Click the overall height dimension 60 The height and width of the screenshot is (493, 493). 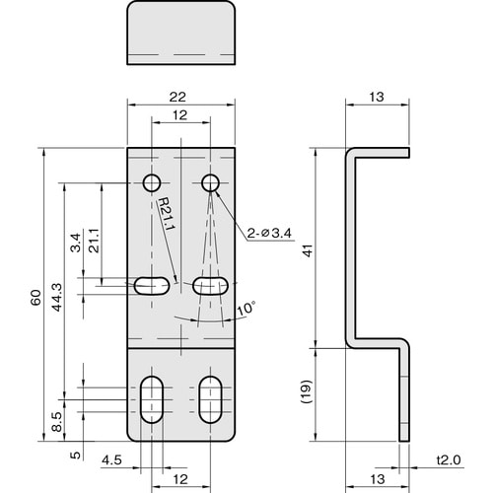(35, 298)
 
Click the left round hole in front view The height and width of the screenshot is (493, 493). (153, 182)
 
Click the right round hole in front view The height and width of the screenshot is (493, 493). (210, 182)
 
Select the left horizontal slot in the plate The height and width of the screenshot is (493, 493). (150, 286)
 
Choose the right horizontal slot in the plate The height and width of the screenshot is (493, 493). (210, 286)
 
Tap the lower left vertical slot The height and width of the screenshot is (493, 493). (153, 399)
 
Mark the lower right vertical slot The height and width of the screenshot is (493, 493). (210, 399)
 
